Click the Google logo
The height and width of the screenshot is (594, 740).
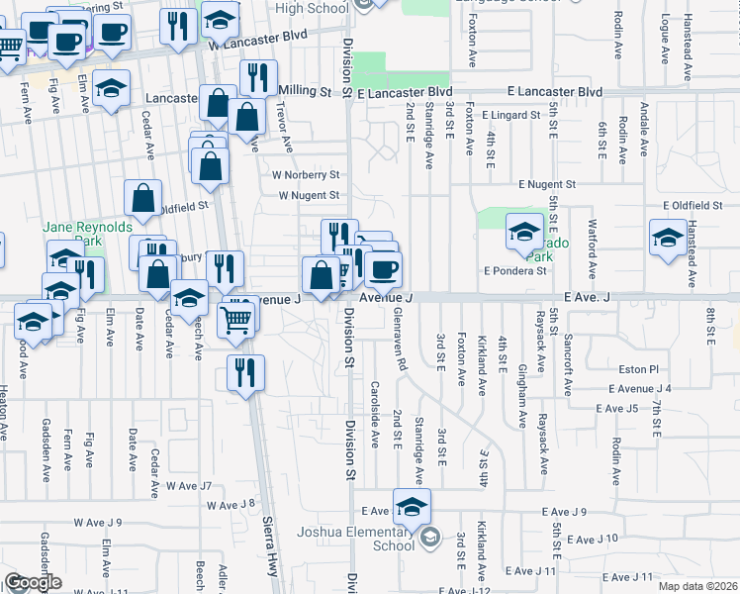coord(33,582)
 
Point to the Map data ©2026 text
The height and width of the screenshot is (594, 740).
coord(698,586)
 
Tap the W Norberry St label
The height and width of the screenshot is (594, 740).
coord(307,174)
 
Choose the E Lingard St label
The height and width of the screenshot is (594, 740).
coord(513,115)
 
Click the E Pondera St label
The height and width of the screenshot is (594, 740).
coord(514,270)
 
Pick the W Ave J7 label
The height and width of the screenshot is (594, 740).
coord(189,485)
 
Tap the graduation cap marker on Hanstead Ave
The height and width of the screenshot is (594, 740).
coord(668,238)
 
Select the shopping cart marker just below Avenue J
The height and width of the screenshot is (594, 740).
coord(237,318)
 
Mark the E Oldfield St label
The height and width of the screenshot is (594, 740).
coord(693,205)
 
